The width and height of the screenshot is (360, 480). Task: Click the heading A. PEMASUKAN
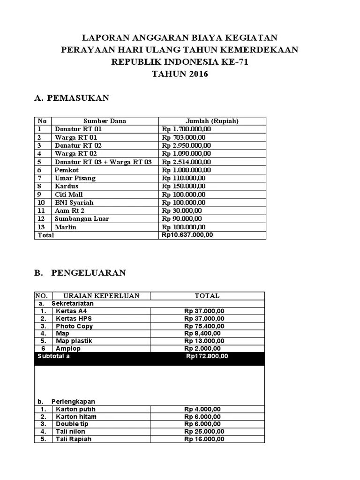click(72, 98)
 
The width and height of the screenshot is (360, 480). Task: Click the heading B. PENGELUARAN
click(80, 273)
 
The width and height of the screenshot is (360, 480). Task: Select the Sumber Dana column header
click(105, 121)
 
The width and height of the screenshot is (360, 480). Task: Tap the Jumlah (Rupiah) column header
click(212, 121)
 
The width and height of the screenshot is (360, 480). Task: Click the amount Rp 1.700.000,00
click(187, 129)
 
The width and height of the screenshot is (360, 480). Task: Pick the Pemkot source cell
click(67, 170)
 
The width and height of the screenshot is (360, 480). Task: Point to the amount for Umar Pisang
click(184, 178)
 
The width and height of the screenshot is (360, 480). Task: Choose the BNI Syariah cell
click(74, 202)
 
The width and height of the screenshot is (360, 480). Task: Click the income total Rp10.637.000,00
click(187, 235)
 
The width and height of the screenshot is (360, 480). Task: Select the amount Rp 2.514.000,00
click(187, 162)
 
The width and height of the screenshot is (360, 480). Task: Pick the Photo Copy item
click(74, 326)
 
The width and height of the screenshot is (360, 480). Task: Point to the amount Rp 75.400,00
click(204, 326)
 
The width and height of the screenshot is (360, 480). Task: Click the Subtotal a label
click(53, 356)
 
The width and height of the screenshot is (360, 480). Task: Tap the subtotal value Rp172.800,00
click(207, 356)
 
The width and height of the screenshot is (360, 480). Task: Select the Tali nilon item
click(71, 431)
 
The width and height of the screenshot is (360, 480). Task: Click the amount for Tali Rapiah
click(204, 439)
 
